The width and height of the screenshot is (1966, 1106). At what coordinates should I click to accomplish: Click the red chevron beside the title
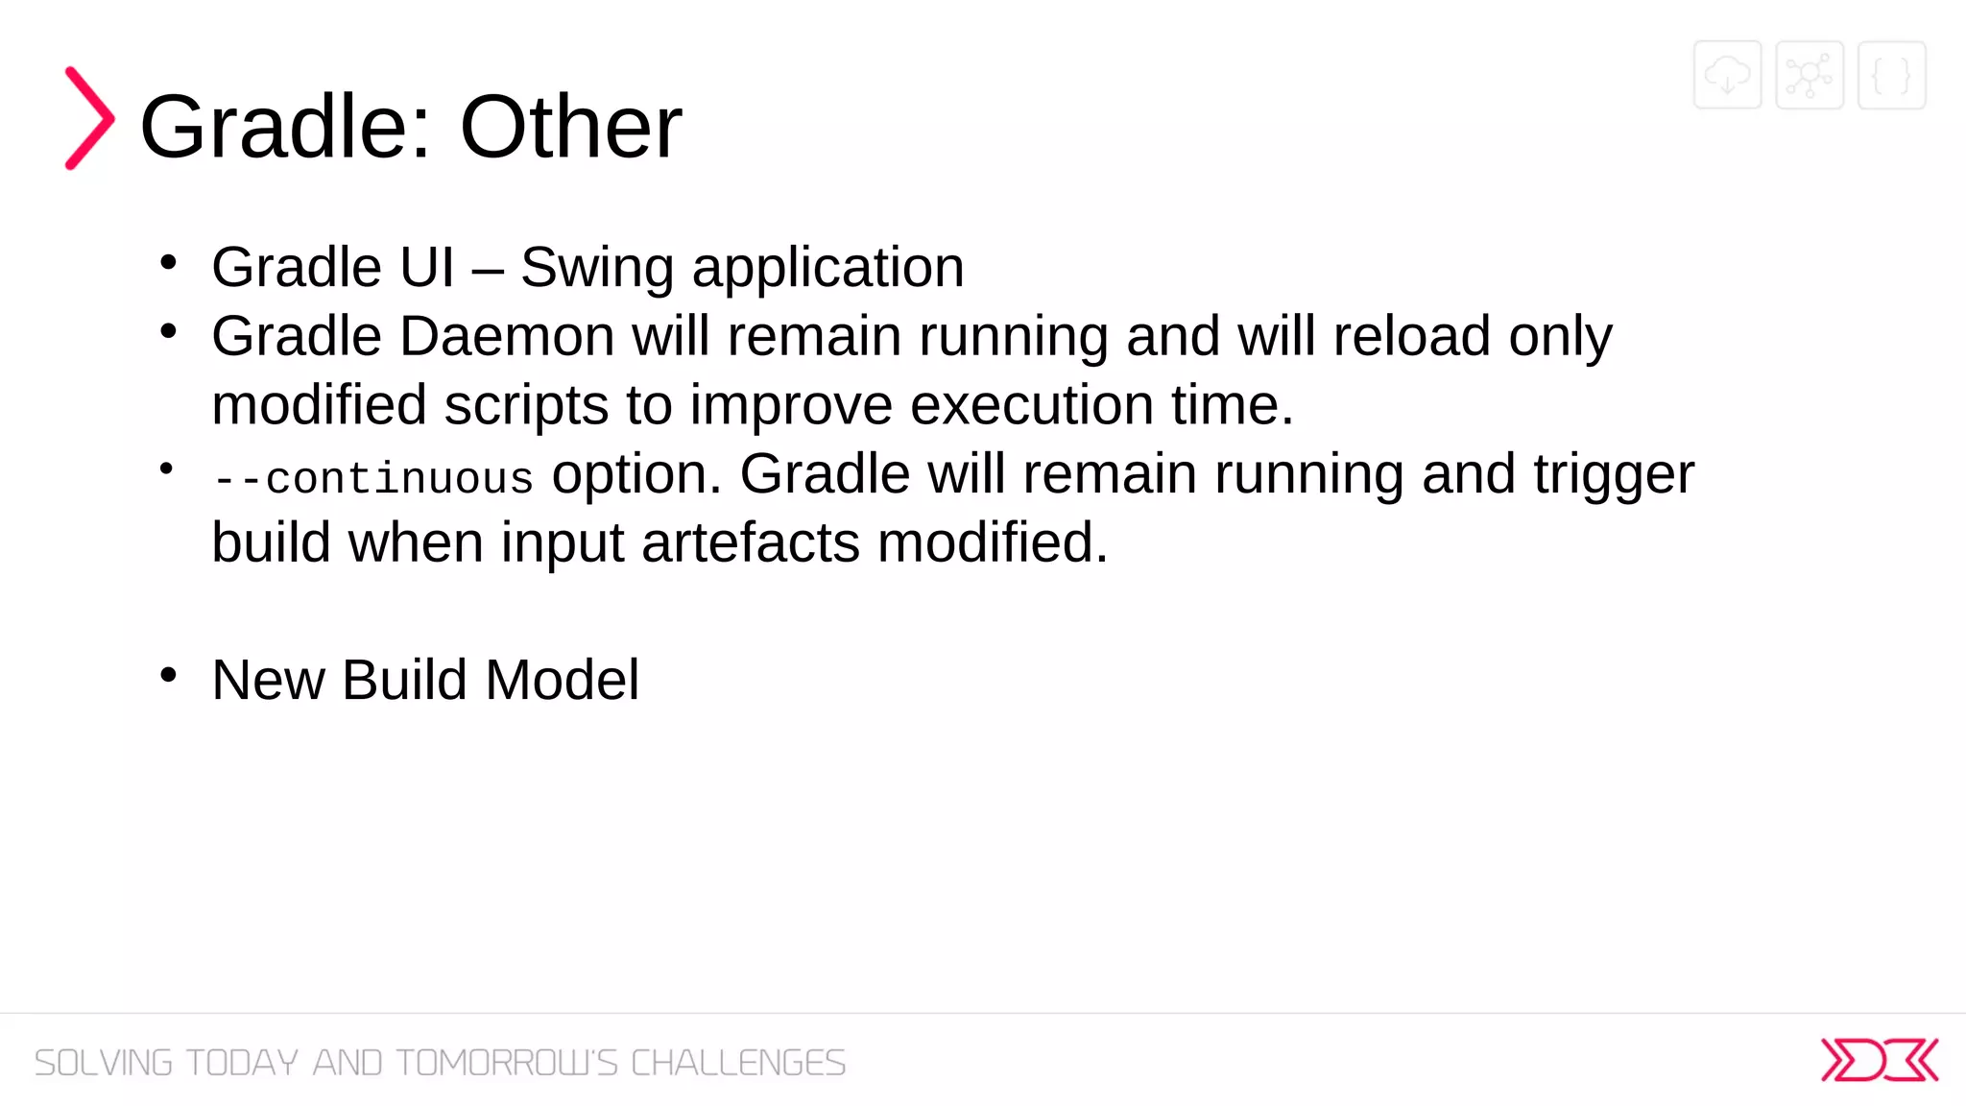coord(89,118)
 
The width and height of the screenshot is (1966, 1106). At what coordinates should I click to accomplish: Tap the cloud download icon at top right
coord(1727,75)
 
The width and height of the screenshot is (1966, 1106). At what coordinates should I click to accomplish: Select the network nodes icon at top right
coord(1810,75)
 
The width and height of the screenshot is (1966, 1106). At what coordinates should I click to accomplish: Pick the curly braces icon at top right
coord(1891,75)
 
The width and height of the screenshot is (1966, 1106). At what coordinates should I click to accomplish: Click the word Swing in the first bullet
coord(596,268)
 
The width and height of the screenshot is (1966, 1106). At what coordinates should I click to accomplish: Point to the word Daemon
coord(507,337)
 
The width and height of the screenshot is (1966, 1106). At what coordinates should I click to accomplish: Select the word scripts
coord(526,405)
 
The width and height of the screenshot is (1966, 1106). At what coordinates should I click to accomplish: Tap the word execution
coord(1031,405)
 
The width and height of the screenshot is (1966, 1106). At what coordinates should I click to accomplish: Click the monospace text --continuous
coord(372,478)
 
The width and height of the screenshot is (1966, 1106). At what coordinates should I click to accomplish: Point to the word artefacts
coord(750,543)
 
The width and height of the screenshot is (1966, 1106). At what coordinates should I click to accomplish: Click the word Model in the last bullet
coord(562,681)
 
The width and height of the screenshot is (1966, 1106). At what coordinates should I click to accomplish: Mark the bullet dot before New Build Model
coord(169,675)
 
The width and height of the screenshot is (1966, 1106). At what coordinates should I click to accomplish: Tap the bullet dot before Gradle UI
coord(169,262)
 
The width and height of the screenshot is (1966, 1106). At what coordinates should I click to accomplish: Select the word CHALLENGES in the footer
coord(737,1063)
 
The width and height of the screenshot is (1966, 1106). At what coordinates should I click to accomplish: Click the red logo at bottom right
coord(1879,1060)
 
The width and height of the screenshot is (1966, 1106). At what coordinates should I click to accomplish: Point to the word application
coord(827,268)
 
